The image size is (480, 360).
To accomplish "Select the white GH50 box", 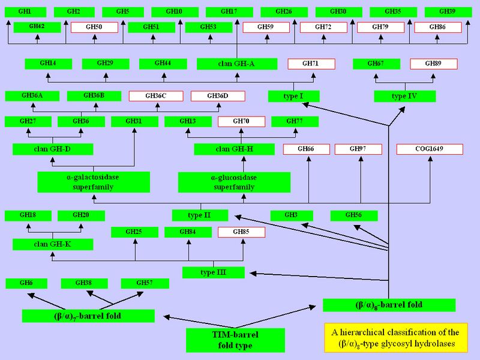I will click(x=94, y=27).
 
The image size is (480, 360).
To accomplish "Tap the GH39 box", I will click(x=447, y=11).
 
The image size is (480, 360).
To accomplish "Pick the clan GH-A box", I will click(x=237, y=64).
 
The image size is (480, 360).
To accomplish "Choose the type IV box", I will click(x=405, y=96).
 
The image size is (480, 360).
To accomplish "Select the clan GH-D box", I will click(x=53, y=149).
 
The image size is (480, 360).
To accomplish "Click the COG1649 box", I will click(x=429, y=149).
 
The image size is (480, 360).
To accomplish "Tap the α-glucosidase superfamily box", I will click(x=234, y=182).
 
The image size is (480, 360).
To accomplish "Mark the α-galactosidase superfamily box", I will click(x=93, y=182).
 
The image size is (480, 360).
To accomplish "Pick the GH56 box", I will click(x=354, y=215).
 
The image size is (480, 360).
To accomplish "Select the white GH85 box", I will click(x=241, y=232).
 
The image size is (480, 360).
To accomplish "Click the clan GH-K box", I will click(x=53, y=244).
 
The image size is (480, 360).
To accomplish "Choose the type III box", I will click(x=214, y=273).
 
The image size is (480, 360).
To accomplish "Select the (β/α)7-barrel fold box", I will click(x=88, y=316).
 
